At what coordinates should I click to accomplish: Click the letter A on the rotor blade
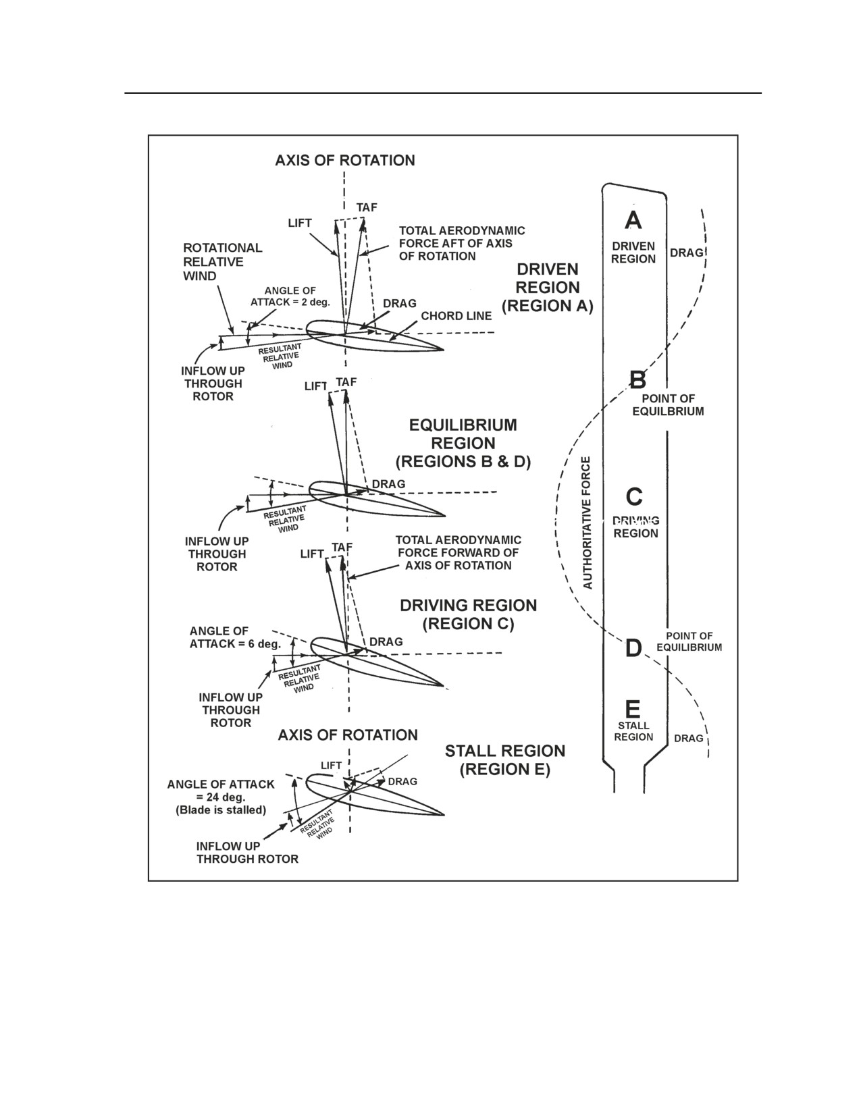(x=633, y=220)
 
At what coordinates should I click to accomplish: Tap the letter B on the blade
(x=637, y=380)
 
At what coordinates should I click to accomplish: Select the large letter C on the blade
(x=634, y=496)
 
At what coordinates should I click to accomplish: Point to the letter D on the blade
(x=634, y=649)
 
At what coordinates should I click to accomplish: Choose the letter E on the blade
(x=633, y=709)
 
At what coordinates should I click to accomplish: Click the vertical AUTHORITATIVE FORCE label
(x=588, y=523)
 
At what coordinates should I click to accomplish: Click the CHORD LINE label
(x=456, y=316)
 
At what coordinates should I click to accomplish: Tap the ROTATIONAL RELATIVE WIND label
(x=223, y=261)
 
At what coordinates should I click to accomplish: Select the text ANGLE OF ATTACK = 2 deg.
(x=290, y=296)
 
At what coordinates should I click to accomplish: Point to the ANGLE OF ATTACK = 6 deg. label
(x=236, y=637)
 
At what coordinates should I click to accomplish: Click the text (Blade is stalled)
(x=221, y=810)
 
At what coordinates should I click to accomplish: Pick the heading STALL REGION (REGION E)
(x=504, y=760)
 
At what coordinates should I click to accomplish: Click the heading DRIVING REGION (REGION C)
(x=468, y=614)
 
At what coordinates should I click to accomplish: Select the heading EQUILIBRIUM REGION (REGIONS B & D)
(x=463, y=443)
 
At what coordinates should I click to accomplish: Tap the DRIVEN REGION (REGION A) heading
(x=548, y=287)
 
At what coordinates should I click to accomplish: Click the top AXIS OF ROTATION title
(x=345, y=161)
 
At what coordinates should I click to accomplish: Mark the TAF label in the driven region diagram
(x=367, y=207)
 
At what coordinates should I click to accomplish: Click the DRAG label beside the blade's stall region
(x=688, y=738)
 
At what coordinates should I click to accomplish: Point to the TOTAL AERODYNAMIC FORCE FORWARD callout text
(x=459, y=553)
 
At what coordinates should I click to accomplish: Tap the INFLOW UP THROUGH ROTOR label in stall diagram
(x=247, y=853)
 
